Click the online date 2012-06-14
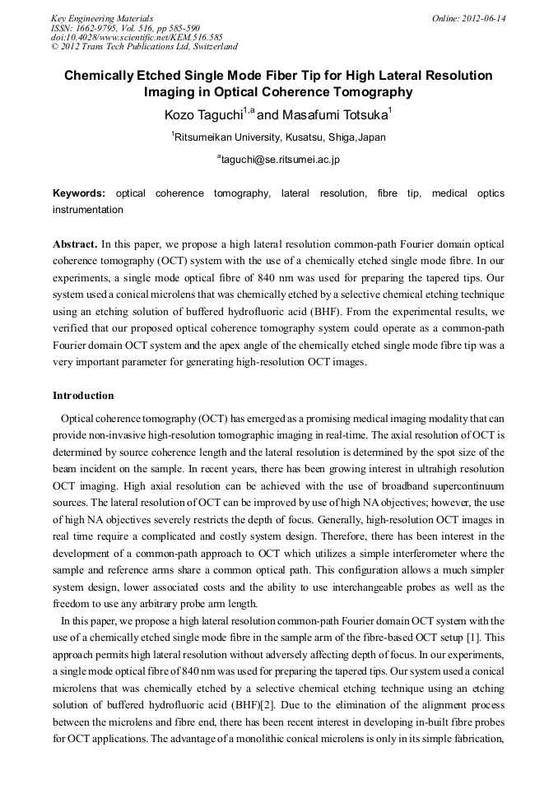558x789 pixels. tap(485, 18)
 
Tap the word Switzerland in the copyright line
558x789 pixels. tap(210, 47)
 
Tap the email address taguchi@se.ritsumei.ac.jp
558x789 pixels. tap(280, 160)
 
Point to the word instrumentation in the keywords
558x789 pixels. tap(88, 210)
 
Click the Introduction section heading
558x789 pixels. tap(83, 396)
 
